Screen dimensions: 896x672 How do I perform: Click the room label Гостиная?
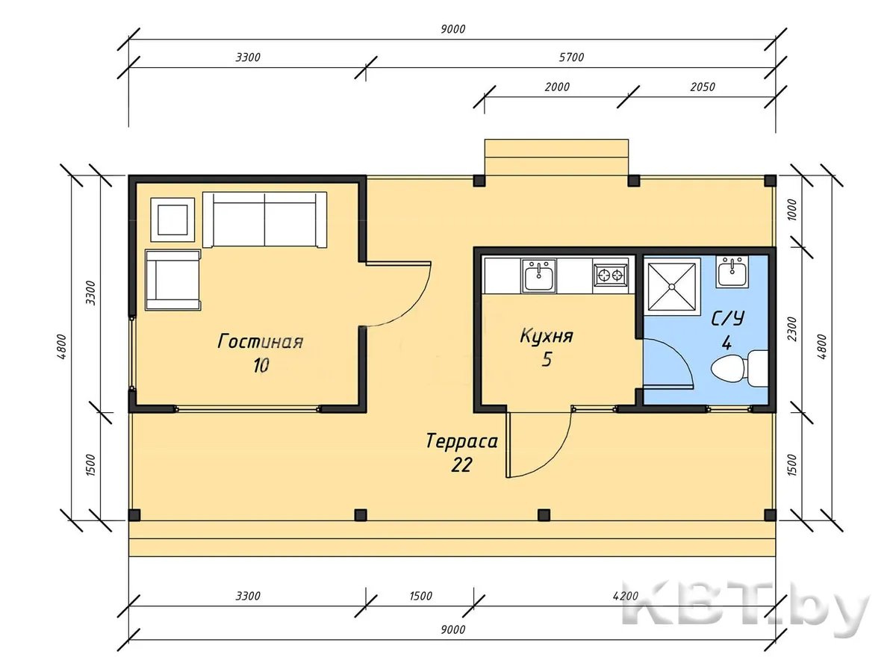tap(260, 341)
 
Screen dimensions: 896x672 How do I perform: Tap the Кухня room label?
tap(547, 336)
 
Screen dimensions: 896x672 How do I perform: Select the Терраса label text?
tap(461, 441)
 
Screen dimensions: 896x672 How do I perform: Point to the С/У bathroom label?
tap(727, 319)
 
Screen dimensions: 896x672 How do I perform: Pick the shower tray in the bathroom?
tap(671, 287)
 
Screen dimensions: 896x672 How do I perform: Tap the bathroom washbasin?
tap(732, 272)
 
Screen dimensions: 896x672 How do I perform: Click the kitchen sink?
tap(539, 276)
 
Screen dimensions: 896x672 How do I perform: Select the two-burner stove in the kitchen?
tap(610, 276)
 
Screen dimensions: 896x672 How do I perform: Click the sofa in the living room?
tap(264, 220)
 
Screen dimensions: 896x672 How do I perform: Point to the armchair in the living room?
tap(173, 280)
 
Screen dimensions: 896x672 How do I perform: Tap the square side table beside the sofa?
tap(172, 220)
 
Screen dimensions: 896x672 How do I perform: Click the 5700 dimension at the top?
tap(571, 57)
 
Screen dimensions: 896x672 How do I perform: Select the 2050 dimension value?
tap(703, 87)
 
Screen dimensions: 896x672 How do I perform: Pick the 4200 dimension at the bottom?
tap(626, 596)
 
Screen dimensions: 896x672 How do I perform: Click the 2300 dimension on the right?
tap(791, 329)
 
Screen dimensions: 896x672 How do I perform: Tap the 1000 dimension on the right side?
tap(791, 210)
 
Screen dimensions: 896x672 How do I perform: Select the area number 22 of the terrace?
tap(461, 464)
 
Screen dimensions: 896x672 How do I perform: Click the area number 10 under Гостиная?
tap(261, 365)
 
